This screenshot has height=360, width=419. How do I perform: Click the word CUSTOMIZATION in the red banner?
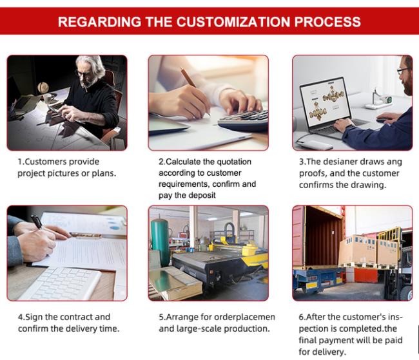tap(234, 22)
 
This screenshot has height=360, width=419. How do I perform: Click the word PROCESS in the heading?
tap(327, 22)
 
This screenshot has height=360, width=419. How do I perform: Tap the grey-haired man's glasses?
tap(84, 73)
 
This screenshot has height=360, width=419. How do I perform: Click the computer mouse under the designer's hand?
tap(383, 120)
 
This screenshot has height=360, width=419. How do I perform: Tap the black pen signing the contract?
tap(37, 222)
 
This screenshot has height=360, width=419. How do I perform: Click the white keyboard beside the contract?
tap(60, 283)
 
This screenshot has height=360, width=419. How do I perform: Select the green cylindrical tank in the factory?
tap(160, 242)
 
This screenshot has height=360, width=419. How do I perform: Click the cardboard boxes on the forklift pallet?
tap(369, 251)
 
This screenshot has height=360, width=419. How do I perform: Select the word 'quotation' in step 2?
tap(234, 162)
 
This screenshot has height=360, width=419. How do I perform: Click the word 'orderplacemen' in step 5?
tap(244, 317)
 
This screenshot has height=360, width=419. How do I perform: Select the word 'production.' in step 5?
tap(247, 328)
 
